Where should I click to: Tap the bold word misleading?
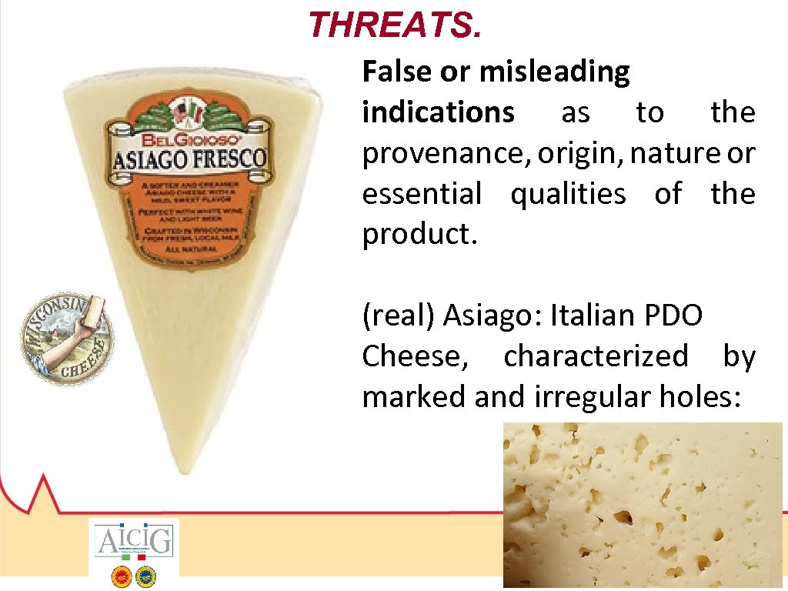point(554,72)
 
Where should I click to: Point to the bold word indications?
point(438,112)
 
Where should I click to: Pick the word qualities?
point(568,194)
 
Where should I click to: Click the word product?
point(420,235)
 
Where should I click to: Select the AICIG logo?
point(134,542)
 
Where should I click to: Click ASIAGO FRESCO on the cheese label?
point(189,159)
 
